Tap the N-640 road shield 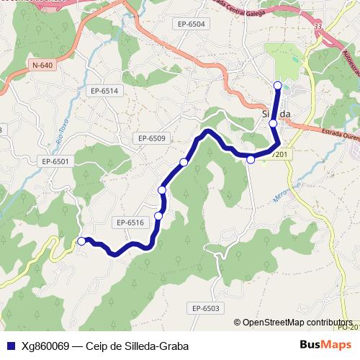[42, 65]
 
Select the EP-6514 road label [104, 91]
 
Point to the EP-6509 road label [152, 138]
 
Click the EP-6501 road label [55, 161]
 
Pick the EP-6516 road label [130, 222]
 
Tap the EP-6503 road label [205, 308]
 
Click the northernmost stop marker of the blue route [278, 86]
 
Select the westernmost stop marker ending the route [81, 241]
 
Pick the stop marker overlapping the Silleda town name [273, 123]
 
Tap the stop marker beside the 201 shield [251, 159]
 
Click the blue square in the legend [9, 346]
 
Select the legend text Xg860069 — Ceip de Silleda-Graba [105, 346]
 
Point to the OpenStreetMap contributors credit [296, 323]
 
